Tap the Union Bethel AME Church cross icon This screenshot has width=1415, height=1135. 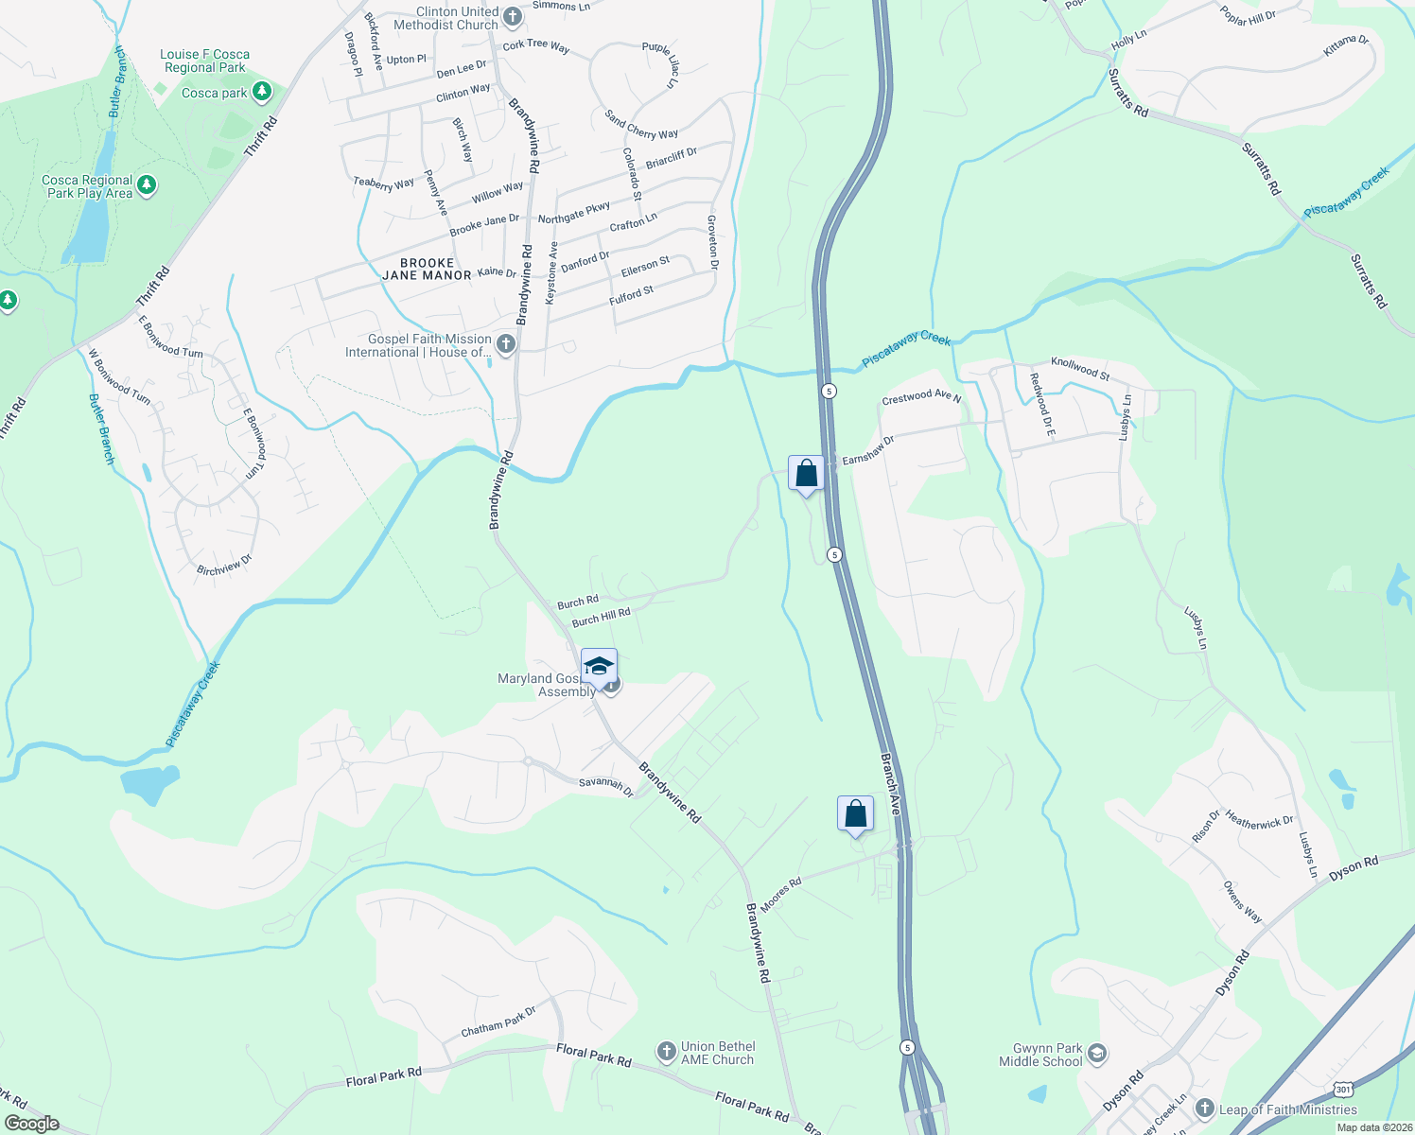(667, 1052)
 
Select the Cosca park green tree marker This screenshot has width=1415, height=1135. (262, 92)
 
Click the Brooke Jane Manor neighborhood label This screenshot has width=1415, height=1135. (427, 270)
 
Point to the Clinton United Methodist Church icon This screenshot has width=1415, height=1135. (512, 16)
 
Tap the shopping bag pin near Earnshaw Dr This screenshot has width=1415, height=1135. (806, 474)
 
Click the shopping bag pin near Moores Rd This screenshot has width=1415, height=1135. (855, 814)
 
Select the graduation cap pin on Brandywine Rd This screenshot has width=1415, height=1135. (599, 667)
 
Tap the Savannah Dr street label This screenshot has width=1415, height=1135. (606, 786)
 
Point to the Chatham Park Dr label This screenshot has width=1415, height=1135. (498, 1021)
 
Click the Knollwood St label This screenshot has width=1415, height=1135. (1080, 368)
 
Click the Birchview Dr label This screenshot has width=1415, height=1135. (224, 565)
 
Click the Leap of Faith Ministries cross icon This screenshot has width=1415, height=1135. (1204, 1109)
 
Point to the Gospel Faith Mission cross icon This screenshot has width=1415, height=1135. (506, 344)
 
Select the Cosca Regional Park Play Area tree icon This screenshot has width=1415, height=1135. (147, 184)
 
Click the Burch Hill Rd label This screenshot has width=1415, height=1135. (601, 618)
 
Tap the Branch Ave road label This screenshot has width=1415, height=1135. (890, 784)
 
